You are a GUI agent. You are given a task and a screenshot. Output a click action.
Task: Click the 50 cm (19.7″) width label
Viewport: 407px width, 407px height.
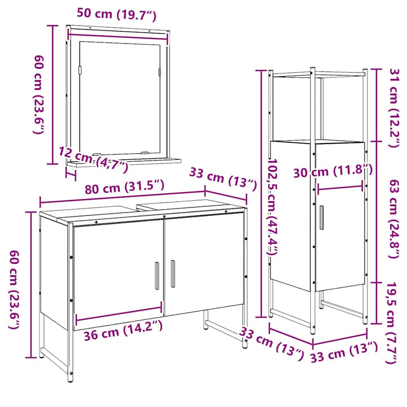pos(116,14)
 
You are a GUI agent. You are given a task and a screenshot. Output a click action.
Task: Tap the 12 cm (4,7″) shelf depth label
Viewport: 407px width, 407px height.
pos(93,159)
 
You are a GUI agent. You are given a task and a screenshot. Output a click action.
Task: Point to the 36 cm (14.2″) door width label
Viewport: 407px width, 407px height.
pos(123,331)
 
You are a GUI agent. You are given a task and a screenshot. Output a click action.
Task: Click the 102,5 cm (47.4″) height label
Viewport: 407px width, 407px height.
pos(272,207)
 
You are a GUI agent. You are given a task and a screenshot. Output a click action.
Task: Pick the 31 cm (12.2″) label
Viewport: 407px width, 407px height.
pos(393,108)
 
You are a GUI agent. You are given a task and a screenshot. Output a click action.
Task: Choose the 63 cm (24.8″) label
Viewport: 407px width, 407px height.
pos(393,219)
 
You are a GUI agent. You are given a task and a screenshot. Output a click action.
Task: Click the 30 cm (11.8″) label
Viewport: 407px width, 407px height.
pos(333,171)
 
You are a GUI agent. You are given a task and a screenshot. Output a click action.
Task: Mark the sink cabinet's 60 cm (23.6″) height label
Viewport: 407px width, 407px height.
pos(15,290)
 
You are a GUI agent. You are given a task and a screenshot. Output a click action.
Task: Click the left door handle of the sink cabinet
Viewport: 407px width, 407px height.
pos(157,275)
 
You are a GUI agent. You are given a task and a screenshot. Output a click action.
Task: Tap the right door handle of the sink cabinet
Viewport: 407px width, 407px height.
pos(172,274)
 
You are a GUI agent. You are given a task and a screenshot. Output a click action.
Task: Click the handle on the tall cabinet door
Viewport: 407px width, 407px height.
pos(322,218)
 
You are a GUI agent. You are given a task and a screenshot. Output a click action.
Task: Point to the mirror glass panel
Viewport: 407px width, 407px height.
pos(120,98)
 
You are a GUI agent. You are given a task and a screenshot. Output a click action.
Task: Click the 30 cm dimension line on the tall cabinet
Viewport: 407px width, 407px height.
pos(340,188)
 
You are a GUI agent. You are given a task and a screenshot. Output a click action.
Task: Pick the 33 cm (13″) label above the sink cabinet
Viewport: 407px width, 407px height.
pos(223,179)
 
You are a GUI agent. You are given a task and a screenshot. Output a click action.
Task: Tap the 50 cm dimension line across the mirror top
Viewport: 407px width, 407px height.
pos(118,36)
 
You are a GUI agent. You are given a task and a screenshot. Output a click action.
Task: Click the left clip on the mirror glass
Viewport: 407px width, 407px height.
pos(80,70)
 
